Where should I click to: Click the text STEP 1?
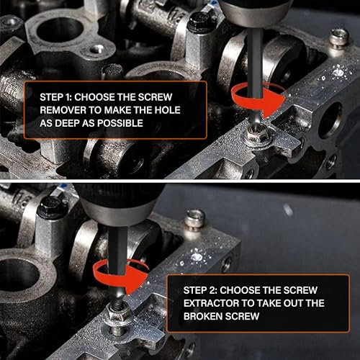point(55,97)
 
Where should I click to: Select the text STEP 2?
point(200,290)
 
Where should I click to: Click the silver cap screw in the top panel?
point(338,37)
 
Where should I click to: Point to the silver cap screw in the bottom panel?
point(195,220)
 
